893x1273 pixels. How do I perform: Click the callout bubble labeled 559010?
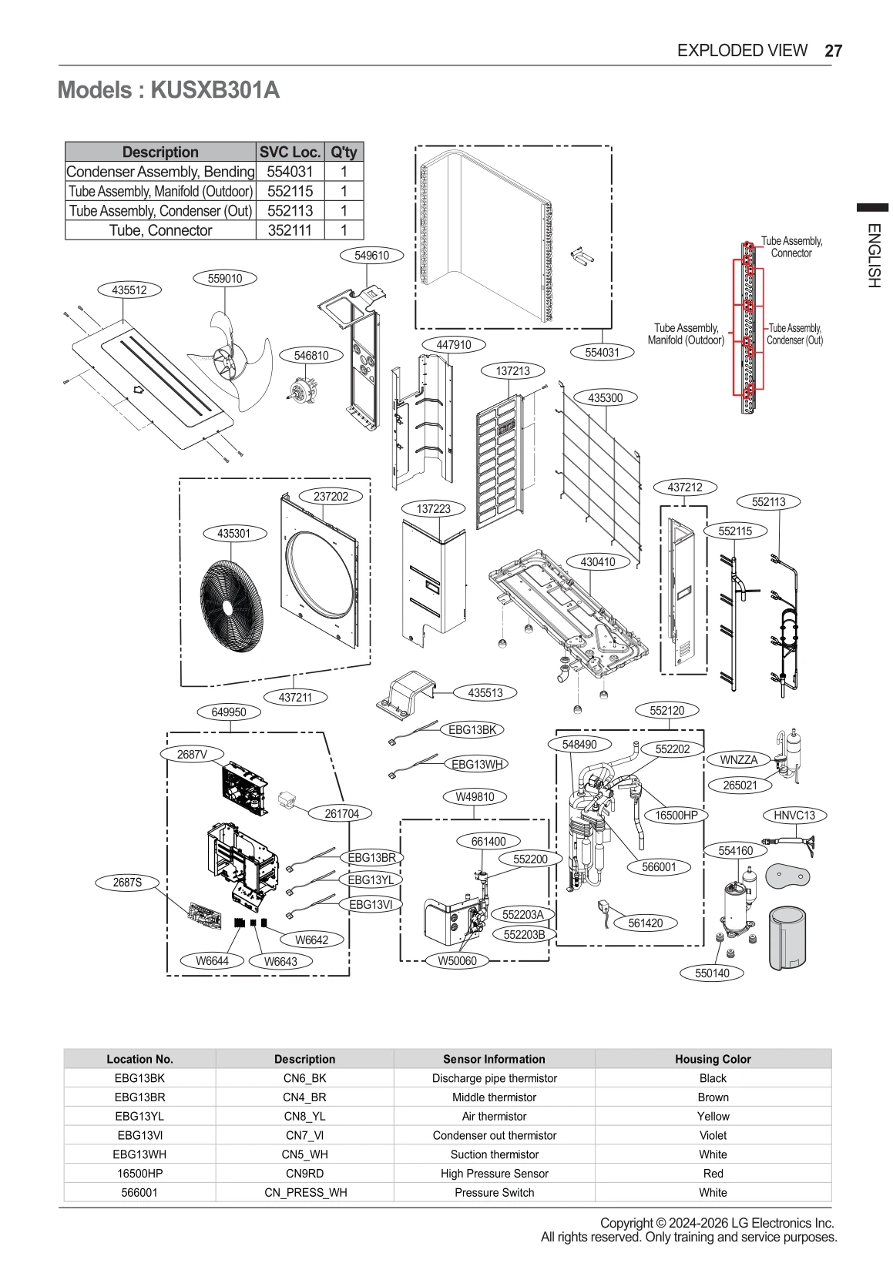point(225,279)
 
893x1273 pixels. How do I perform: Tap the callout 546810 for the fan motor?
point(311,355)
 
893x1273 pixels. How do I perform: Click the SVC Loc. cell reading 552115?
point(290,191)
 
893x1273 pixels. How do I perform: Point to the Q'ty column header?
point(344,152)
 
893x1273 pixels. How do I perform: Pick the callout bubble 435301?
point(233,533)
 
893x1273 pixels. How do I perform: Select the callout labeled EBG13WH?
point(477,764)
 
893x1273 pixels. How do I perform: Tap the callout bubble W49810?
point(475,796)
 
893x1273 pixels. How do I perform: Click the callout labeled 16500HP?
point(676,815)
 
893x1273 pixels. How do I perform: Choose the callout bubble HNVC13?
point(794,815)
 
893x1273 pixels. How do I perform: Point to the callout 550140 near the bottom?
point(712,973)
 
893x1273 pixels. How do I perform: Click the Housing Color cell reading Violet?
point(713,1135)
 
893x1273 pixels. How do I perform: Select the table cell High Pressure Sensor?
point(494,1173)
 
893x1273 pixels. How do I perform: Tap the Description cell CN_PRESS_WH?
point(304,1192)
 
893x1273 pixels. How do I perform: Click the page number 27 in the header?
point(833,51)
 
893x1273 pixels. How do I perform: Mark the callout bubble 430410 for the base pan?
point(597,562)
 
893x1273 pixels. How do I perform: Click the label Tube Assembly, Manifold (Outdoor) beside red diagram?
point(686,333)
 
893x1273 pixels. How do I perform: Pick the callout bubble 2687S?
point(127,883)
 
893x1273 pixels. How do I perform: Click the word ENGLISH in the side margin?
point(873,255)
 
